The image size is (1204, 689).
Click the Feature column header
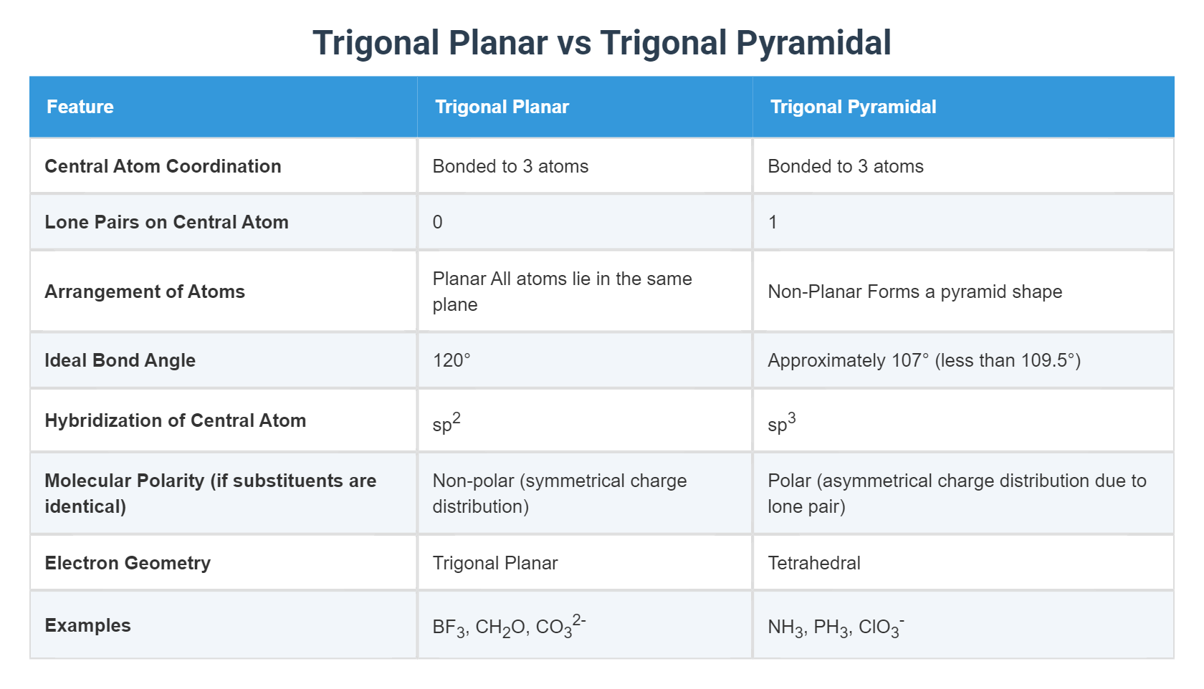(80, 107)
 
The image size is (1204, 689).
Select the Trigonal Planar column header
(502, 107)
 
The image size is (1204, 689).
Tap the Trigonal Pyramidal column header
(853, 107)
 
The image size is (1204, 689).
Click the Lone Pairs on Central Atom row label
(166, 222)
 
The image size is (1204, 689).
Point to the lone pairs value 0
(437, 222)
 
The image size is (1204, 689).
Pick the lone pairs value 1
(773, 222)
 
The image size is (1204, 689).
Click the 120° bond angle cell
(451, 360)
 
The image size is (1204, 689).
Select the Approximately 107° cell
(924, 360)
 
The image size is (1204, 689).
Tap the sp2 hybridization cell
(446, 423)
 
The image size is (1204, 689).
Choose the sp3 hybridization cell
(781, 423)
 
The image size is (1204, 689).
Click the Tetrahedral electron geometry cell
(814, 563)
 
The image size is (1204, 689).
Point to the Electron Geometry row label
(128, 563)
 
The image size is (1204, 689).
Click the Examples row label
(87, 625)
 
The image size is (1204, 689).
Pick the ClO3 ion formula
(881, 627)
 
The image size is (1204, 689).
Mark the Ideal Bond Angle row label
(120, 360)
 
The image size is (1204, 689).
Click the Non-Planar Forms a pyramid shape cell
(914, 291)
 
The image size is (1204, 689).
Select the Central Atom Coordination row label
(163, 166)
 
